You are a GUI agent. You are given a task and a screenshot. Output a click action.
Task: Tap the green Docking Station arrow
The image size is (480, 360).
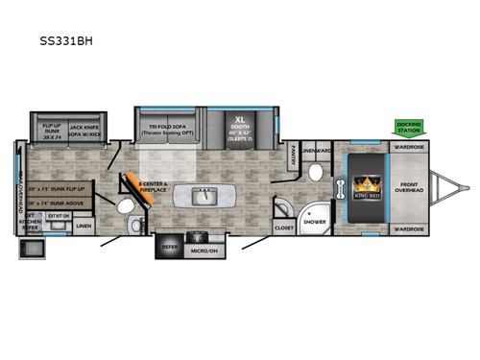click(410, 127)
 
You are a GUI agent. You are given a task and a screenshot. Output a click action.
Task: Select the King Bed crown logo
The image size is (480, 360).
click(367, 186)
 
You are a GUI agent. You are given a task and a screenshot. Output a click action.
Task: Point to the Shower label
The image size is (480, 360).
click(313, 220)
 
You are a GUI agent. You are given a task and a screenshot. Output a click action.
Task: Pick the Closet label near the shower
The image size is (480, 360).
click(283, 228)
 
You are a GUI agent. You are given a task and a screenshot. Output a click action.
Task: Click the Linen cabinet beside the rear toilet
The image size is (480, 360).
click(84, 226)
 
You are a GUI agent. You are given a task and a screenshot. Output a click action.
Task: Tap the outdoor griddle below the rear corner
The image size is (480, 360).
click(31, 250)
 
